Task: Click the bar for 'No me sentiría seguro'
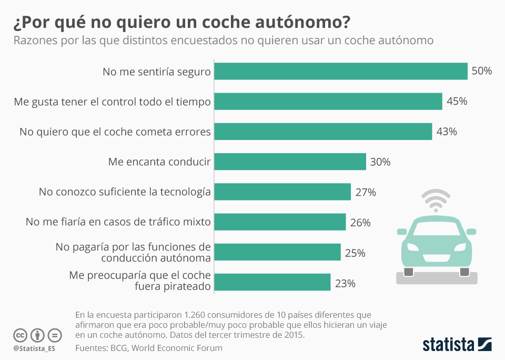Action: (x=341, y=71)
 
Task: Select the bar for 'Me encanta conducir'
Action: (x=290, y=162)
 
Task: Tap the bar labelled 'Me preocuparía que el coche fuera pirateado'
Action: (x=272, y=282)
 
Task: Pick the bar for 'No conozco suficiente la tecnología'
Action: (x=282, y=192)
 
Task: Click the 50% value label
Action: (x=481, y=71)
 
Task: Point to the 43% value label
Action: (x=447, y=132)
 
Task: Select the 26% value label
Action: (x=360, y=223)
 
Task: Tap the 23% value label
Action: (x=345, y=283)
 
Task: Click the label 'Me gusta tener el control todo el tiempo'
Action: (x=113, y=102)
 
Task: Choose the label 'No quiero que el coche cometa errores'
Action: (x=115, y=132)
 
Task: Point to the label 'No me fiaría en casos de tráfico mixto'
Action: (x=118, y=222)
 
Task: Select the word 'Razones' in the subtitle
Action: (x=33, y=41)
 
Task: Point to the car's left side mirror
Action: (x=402, y=231)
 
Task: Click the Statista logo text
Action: (x=448, y=345)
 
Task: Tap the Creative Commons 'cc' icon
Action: (x=21, y=335)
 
